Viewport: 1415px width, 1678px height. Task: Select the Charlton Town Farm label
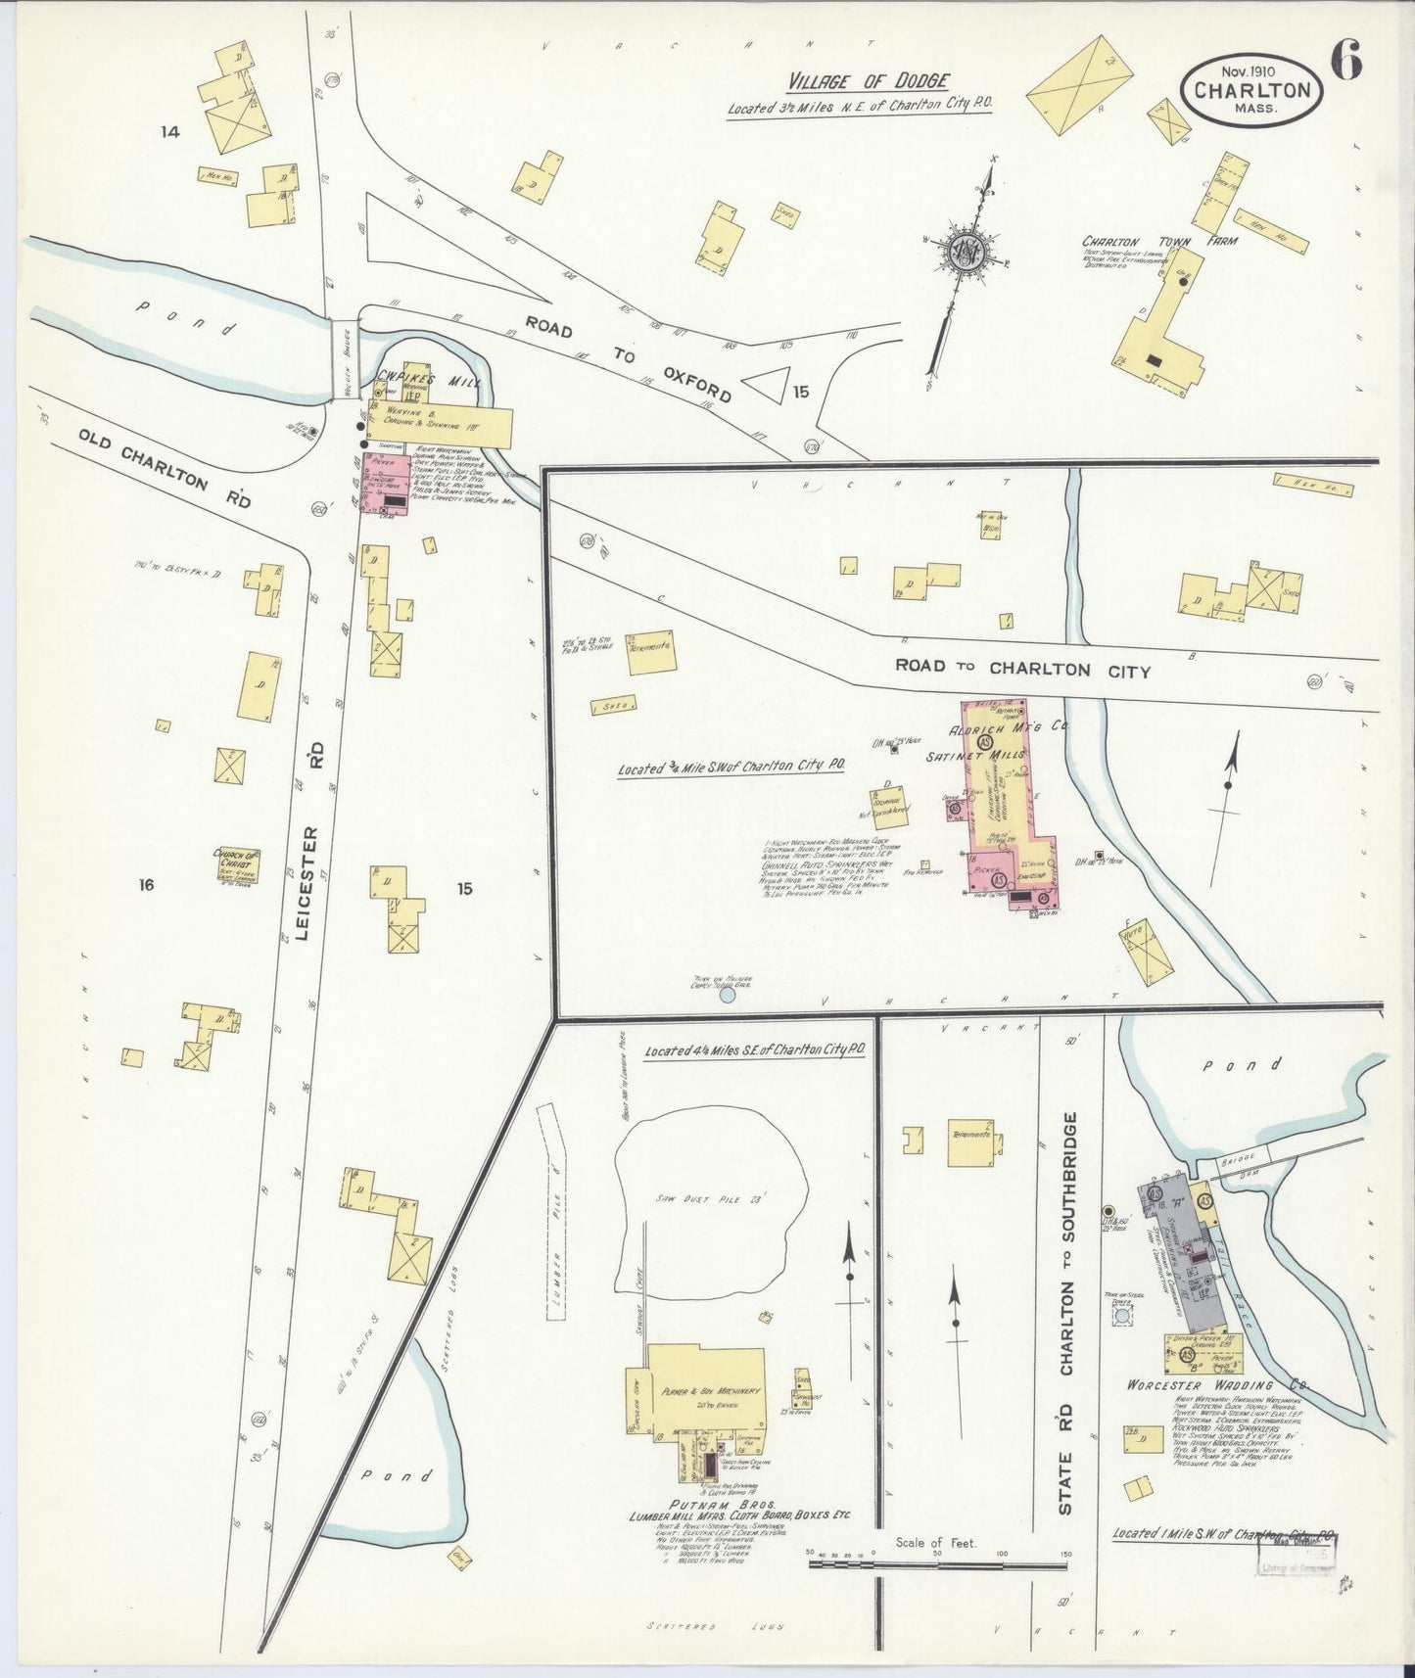coord(1158,241)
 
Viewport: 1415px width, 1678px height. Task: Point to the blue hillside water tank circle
coord(727,997)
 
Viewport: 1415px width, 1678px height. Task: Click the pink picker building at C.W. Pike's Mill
coord(383,485)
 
